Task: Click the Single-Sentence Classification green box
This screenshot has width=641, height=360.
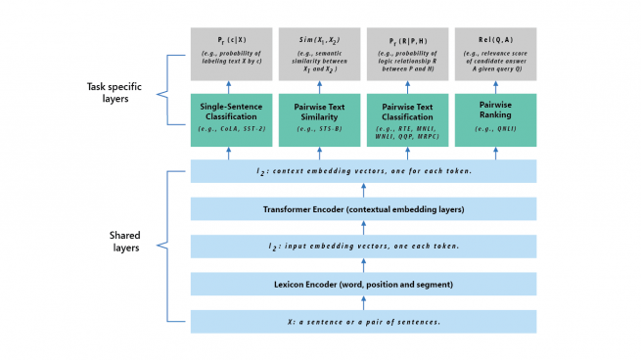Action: tap(230, 120)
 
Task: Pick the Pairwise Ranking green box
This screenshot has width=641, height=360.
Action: tap(495, 120)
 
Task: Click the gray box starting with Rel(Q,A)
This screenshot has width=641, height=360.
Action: tap(495, 54)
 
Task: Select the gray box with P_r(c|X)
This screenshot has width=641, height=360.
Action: tap(230, 54)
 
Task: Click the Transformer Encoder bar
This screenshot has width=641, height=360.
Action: tap(363, 208)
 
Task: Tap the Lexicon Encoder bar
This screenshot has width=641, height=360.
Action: tap(363, 284)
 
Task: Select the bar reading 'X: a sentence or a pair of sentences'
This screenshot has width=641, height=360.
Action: tap(363, 322)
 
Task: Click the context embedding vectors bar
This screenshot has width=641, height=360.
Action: tap(363, 171)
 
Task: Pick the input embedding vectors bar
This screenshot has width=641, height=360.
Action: tap(363, 247)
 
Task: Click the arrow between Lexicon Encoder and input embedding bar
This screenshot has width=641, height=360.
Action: tap(363, 265)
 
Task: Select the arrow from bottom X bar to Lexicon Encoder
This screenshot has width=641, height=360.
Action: tap(363, 303)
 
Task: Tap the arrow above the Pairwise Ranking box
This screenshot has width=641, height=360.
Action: tap(495, 86)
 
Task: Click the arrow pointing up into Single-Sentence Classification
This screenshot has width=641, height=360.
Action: tap(230, 153)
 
